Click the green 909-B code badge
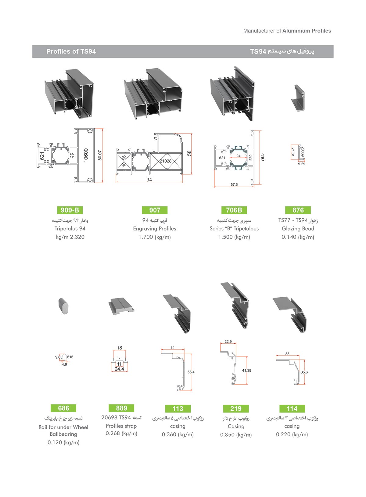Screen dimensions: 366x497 pos(70,210)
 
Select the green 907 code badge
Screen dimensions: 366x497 pos(155,210)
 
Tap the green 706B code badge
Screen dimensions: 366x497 pos(234,210)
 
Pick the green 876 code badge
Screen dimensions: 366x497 pos(298,210)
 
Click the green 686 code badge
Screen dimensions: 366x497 pos(63,408)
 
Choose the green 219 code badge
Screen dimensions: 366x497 pos(236,409)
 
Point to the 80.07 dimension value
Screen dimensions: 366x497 pos(100,155)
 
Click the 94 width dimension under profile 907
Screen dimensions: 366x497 pos(149,180)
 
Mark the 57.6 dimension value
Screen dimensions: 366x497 pos(234,184)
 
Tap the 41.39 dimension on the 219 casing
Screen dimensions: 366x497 pos(246,370)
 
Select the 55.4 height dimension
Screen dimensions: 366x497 pos(191,372)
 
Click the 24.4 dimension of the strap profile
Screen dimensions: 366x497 pos(120,369)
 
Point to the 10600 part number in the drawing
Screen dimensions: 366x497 pos(86,155)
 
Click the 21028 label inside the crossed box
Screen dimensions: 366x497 pos(166,161)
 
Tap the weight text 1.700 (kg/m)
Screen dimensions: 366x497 pos(155,237)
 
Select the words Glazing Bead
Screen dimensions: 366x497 pos(298,229)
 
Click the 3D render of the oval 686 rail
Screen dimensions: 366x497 pos(63,306)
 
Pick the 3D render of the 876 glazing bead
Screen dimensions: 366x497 pos(298,98)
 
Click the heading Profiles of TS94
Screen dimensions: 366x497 pos(71,52)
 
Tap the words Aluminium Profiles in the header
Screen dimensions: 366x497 pos(307,31)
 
